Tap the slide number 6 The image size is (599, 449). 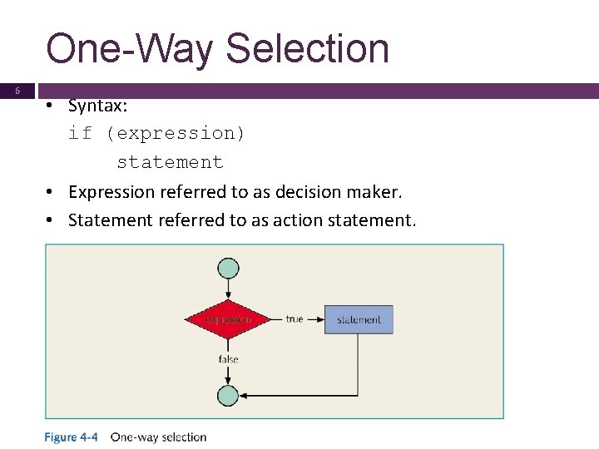17,91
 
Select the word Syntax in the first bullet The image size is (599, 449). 95,106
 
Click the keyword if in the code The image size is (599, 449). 80,133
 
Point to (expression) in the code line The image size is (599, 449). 176,133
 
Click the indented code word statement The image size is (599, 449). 170,162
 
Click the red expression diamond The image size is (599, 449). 228,319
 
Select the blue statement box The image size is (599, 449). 359,319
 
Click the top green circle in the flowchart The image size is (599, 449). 228,268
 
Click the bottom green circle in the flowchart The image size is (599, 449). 228,396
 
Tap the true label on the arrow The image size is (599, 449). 295,318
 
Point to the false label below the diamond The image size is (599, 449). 228,359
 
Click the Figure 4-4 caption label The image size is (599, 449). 72,437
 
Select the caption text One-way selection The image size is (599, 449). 158,437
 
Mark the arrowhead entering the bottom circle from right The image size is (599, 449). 244,396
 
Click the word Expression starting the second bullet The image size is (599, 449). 107,192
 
